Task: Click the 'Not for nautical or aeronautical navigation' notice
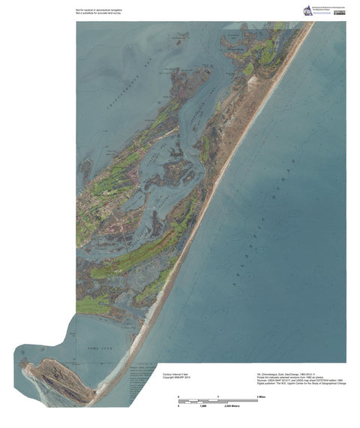pos(97,7)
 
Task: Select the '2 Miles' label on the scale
pos(262,395)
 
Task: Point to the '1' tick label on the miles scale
pos(217,395)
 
